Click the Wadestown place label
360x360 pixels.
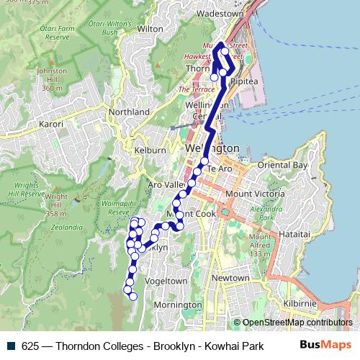click(x=220, y=13)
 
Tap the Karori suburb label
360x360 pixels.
click(x=51, y=125)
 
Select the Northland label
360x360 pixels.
click(x=129, y=112)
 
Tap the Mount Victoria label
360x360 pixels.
click(x=255, y=194)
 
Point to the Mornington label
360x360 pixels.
click(x=179, y=305)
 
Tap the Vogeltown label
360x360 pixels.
click(x=166, y=281)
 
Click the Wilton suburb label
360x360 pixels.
click(x=150, y=29)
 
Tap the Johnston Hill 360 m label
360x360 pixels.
click(x=52, y=79)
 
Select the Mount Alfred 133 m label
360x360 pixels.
click(x=260, y=246)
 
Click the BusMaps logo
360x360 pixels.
click(x=325, y=345)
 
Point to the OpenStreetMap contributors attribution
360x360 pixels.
click(x=297, y=323)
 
